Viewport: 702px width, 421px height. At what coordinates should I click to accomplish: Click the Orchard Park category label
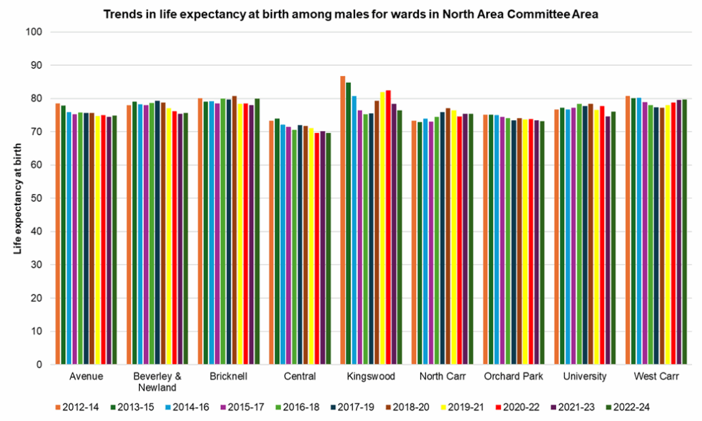[513, 376]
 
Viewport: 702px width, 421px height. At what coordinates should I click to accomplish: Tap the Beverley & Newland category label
[158, 381]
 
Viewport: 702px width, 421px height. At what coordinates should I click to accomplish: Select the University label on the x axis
[584, 376]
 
